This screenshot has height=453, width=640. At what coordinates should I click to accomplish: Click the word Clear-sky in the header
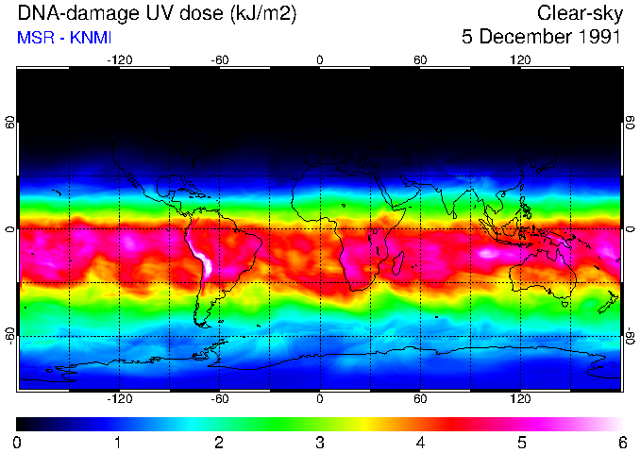pos(579,13)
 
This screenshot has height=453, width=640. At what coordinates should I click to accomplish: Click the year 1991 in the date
pos(594,38)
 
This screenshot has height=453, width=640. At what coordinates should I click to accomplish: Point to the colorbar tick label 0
pos(18,442)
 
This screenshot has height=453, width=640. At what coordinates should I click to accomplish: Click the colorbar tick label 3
pos(319,442)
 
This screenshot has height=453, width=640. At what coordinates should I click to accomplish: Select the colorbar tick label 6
pos(620,442)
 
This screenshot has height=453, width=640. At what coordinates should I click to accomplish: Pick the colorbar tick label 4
pos(420,442)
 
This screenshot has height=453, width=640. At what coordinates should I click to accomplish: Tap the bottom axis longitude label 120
pos(520,399)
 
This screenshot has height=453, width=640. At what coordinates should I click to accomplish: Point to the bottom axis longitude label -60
pos(219,399)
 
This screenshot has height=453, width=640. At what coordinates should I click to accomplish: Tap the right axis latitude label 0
pos(629,229)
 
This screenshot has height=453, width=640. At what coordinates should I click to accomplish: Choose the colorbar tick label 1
pos(118,442)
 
